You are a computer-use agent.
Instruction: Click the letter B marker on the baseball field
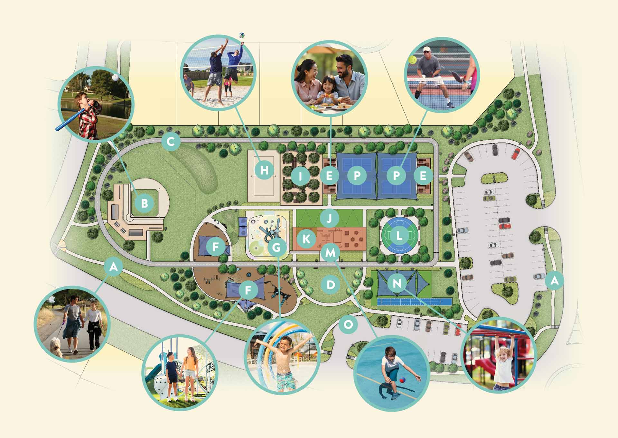(145, 203)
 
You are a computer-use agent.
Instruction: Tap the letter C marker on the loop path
(171, 142)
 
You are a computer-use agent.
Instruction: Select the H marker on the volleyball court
(264, 170)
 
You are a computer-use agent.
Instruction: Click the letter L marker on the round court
(399, 236)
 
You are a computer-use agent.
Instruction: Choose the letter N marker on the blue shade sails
(397, 283)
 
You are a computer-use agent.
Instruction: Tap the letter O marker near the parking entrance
(348, 324)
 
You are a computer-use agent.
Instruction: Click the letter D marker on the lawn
(331, 285)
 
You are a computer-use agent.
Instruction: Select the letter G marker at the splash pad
(276, 247)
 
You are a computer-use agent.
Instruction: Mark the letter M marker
(330, 253)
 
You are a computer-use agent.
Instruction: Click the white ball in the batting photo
(115, 78)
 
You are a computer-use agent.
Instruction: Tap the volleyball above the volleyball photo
(242, 35)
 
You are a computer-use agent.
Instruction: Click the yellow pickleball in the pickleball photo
(412, 60)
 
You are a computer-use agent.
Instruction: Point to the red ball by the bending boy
(402, 380)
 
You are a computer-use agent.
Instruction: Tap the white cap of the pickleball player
(426, 49)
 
